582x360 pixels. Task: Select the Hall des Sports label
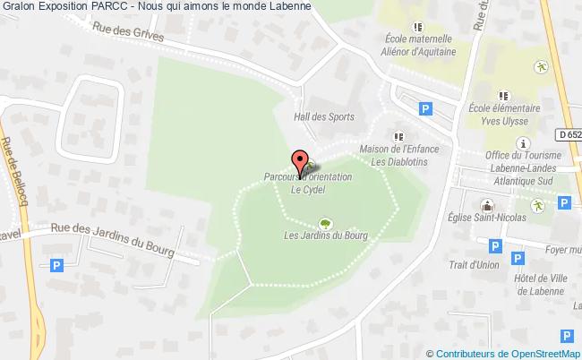click(324, 116)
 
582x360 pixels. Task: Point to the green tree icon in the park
click(323, 224)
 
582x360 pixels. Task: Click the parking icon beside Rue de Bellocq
click(57, 265)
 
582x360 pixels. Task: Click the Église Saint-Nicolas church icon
click(489, 205)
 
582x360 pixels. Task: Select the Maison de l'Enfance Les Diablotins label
click(397, 155)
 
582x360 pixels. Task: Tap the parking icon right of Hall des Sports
click(425, 108)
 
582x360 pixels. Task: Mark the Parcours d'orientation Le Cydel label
click(308, 183)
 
